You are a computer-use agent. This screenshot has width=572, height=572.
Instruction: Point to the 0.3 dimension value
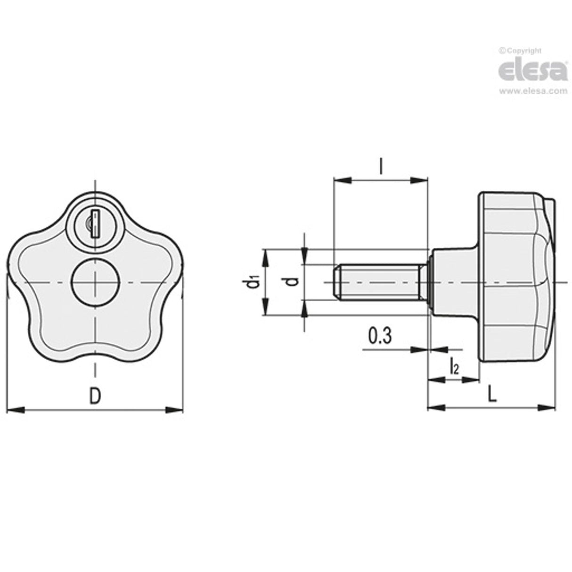379,337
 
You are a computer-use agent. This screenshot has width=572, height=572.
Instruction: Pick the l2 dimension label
454,367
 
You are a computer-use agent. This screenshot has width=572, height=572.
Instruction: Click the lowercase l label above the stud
380,166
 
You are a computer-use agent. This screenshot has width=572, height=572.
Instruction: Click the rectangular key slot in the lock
95,223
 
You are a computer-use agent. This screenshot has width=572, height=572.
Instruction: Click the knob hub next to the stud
452,282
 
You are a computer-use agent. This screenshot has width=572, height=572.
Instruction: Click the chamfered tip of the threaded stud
336,282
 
